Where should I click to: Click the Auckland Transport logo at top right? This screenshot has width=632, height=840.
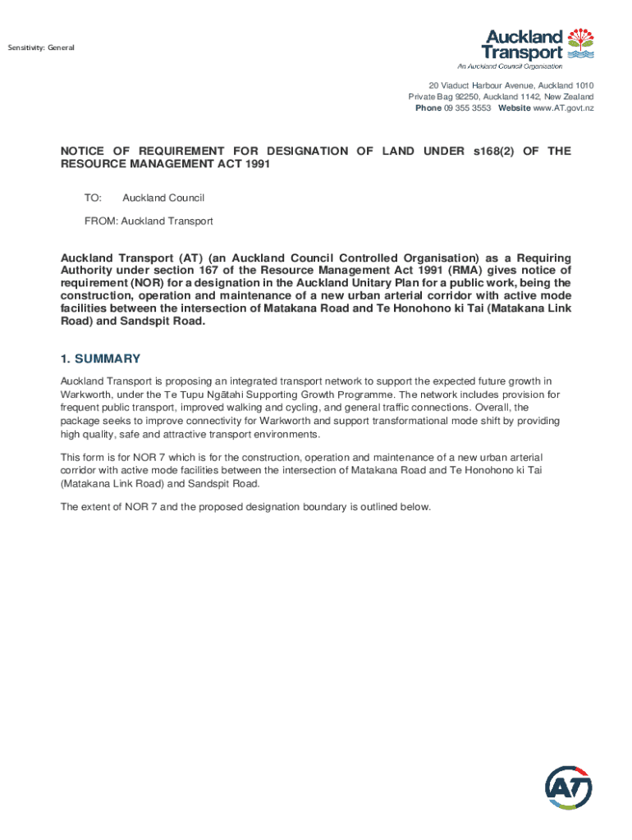point(538,45)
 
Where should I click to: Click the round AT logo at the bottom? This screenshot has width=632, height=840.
point(568,789)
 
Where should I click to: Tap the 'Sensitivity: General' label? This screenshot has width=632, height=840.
point(41,48)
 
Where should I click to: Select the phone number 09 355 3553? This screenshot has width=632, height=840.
point(467,108)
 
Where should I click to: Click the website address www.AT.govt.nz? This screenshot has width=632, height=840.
point(563,108)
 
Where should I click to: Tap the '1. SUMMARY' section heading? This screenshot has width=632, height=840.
point(101,358)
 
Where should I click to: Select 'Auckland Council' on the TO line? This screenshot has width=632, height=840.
point(163,198)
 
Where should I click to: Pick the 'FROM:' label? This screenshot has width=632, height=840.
point(101,221)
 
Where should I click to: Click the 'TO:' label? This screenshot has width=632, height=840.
point(93,198)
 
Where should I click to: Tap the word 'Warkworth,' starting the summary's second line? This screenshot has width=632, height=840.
point(85,395)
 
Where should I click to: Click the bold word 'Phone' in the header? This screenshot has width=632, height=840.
point(428,108)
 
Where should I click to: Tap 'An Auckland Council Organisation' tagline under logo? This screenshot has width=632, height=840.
point(510,66)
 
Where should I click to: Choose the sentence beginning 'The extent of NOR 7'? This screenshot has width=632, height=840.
point(245,507)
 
